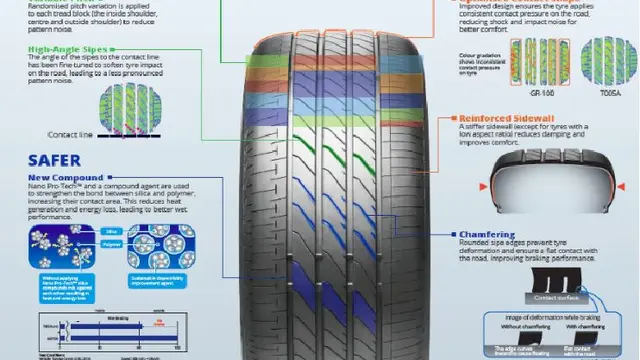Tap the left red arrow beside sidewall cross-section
[483, 187]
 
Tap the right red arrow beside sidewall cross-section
[628, 187]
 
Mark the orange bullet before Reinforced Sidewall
[451, 118]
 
